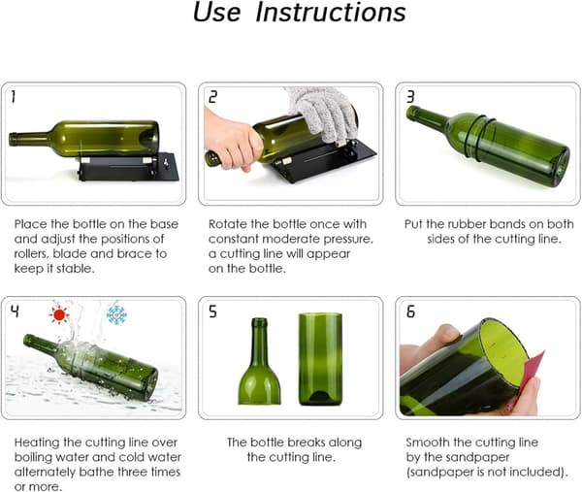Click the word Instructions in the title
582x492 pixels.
click(331, 13)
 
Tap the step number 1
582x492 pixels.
click(14, 96)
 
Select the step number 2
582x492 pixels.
click(212, 97)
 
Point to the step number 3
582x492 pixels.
click(410, 96)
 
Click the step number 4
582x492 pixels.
click(15, 312)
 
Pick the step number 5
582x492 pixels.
click(212, 312)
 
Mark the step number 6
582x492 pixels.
click(410, 312)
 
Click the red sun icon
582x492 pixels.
click(59, 314)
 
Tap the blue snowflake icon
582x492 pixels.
click(116, 314)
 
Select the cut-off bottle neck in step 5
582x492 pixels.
click(259, 361)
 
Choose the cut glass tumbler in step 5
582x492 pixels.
click(320, 359)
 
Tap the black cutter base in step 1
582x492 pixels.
click(128, 167)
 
